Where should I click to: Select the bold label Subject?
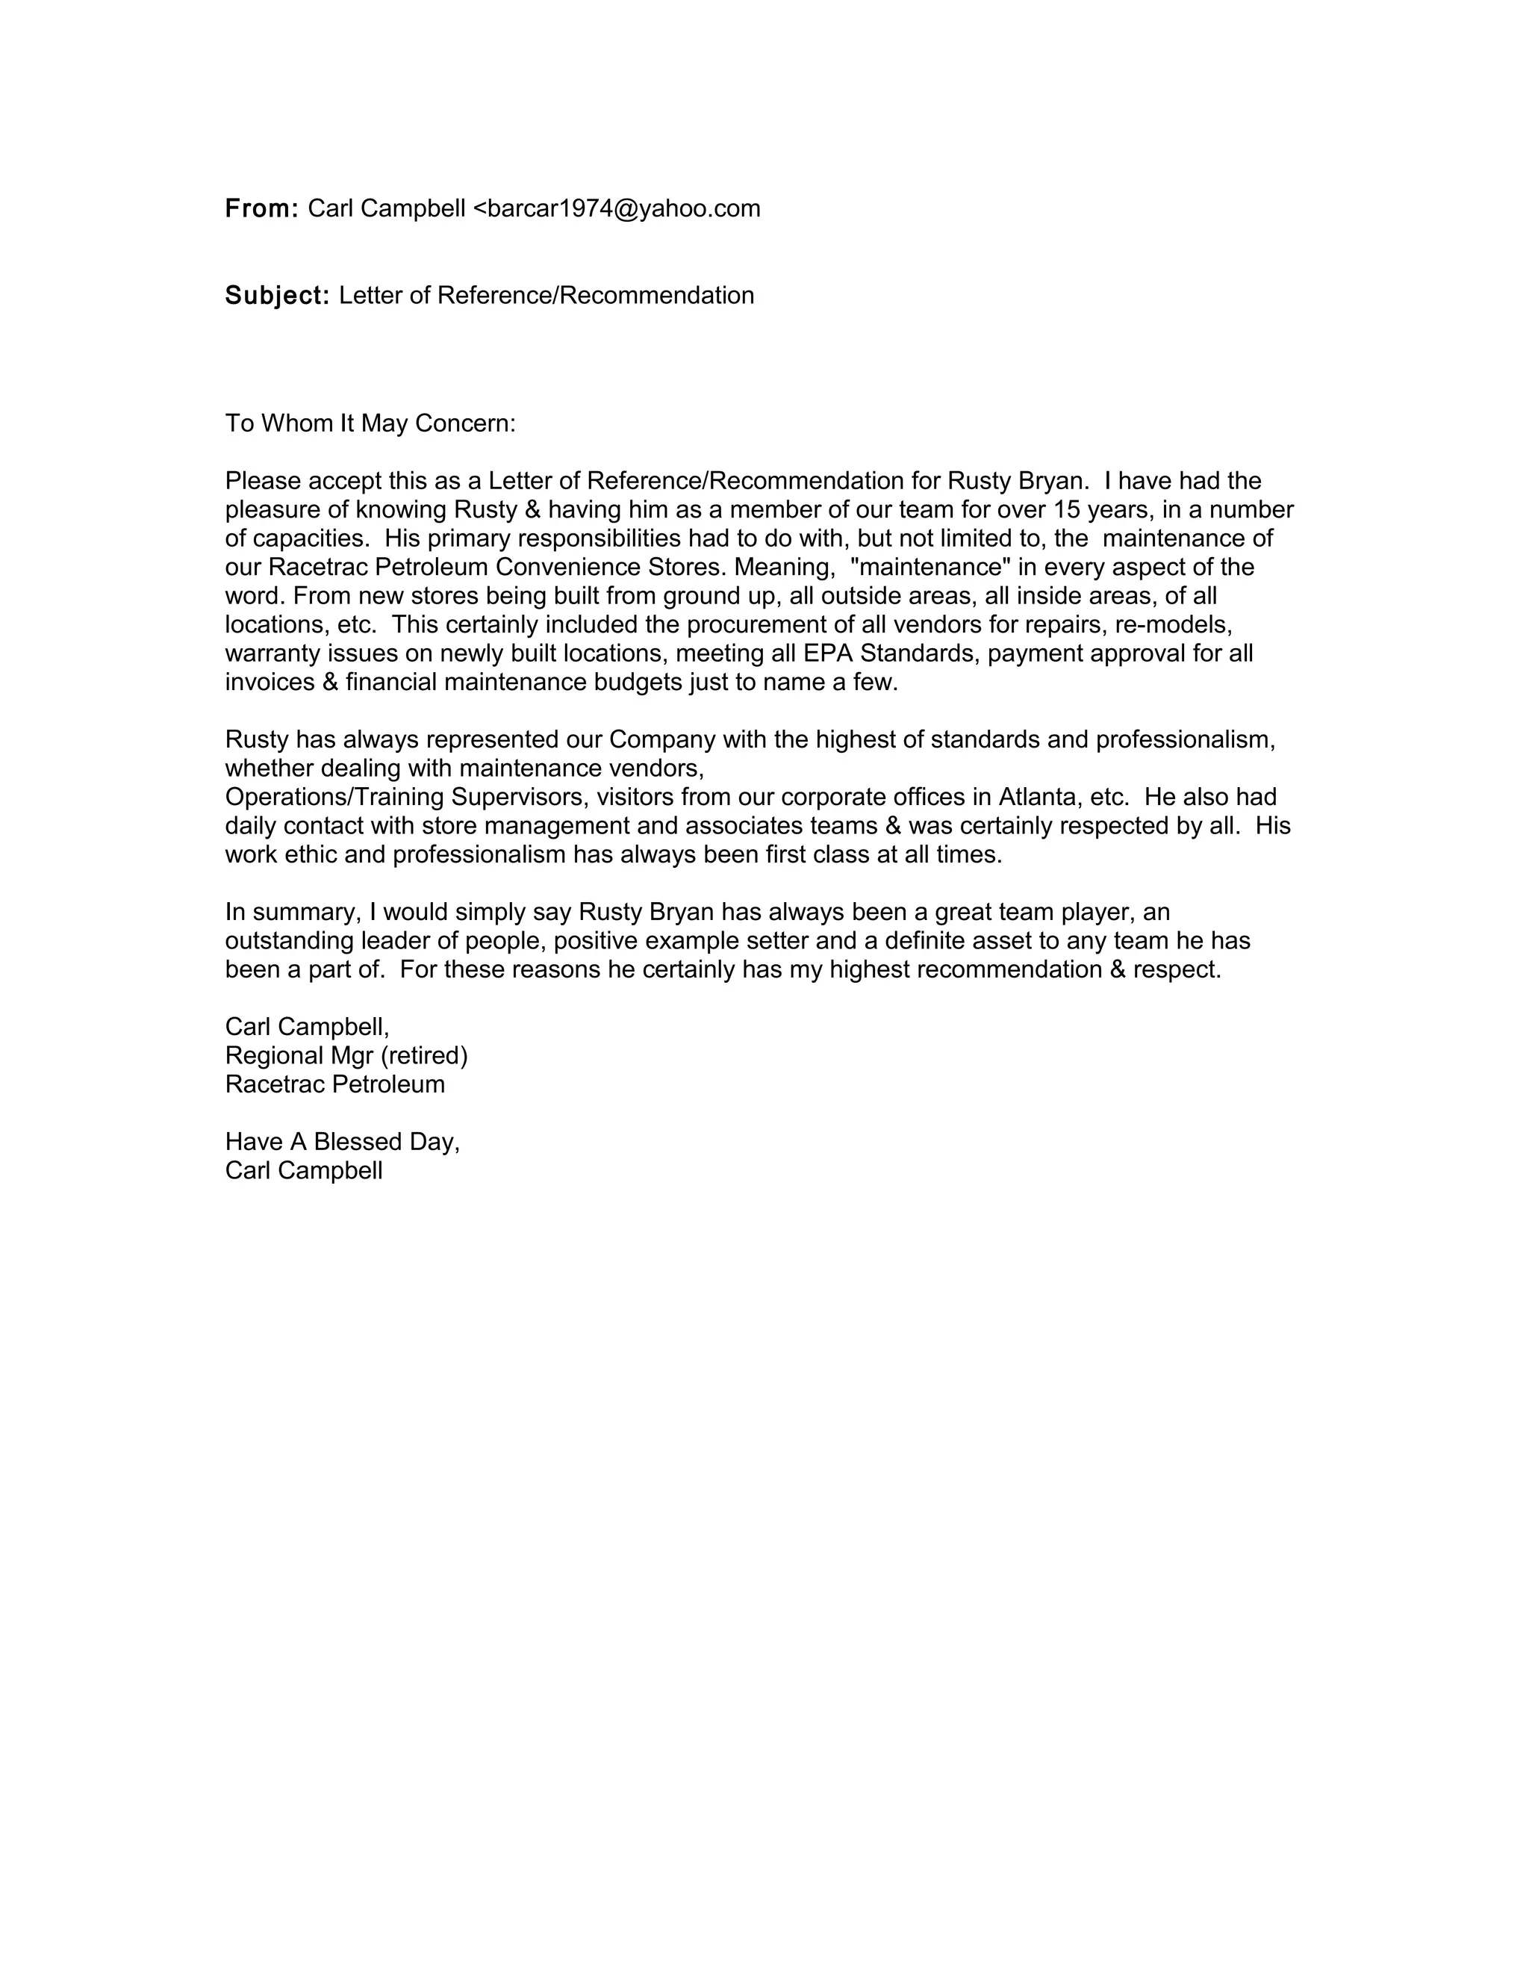[x=277, y=296]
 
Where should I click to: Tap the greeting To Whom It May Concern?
[x=370, y=424]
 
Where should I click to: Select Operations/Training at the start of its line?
[x=333, y=798]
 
